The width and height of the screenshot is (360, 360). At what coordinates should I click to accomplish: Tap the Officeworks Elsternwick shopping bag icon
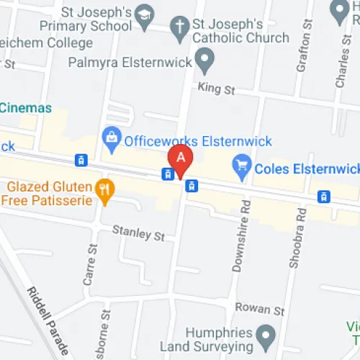112,135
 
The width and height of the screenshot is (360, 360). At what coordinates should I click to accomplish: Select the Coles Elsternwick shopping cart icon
242,168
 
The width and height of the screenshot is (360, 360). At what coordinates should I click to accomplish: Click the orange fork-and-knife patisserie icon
105,190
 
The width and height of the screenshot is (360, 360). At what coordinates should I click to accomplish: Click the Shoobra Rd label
296,237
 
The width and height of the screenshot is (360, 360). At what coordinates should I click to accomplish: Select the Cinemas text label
27,108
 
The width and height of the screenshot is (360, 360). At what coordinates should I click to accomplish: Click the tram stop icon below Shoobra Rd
324,196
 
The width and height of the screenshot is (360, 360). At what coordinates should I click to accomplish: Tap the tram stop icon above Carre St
81,160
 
